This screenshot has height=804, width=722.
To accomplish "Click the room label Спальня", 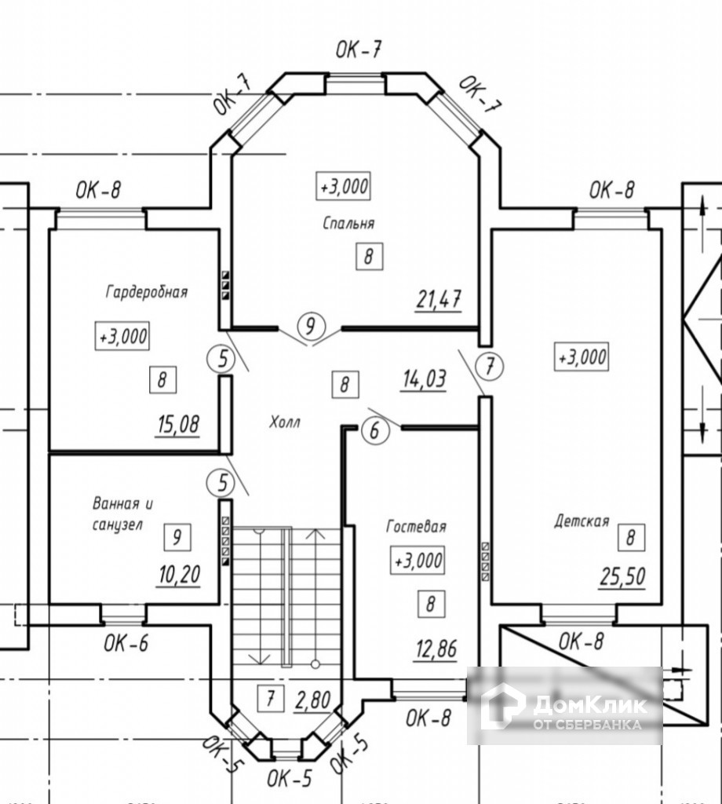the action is (348, 223).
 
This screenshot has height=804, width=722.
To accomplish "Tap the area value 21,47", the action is (438, 298).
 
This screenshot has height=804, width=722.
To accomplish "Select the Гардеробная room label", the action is (147, 292).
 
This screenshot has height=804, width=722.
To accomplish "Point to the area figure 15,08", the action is (178, 425).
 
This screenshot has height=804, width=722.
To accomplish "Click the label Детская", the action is (582, 520).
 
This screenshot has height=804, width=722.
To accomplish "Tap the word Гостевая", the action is (416, 526).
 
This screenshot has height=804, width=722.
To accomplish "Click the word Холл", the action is (285, 422).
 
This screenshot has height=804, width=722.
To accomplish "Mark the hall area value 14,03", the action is (424, 380).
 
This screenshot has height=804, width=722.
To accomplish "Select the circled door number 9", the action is (311, 325).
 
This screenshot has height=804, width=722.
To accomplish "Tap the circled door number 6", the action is (374, 430).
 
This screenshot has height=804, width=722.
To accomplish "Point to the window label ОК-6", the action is (126, 644).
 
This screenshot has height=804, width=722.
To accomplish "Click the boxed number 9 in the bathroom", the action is (177, 538).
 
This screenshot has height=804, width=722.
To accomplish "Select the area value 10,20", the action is (178, 577).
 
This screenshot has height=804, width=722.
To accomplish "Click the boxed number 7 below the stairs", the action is (270, 697).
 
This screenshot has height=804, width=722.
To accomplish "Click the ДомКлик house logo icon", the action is (502, 706).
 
